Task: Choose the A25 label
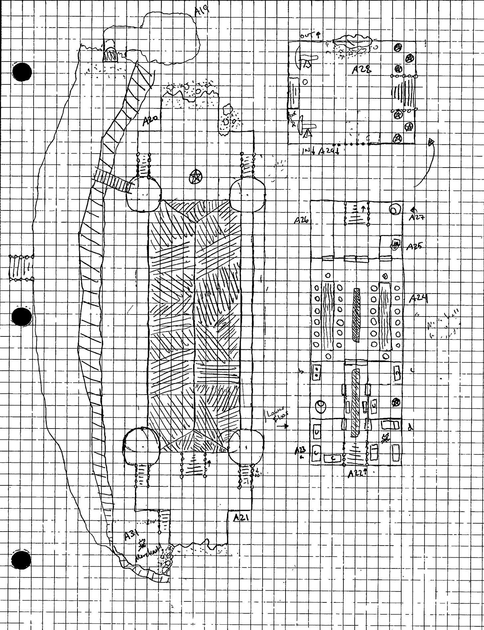414,246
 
